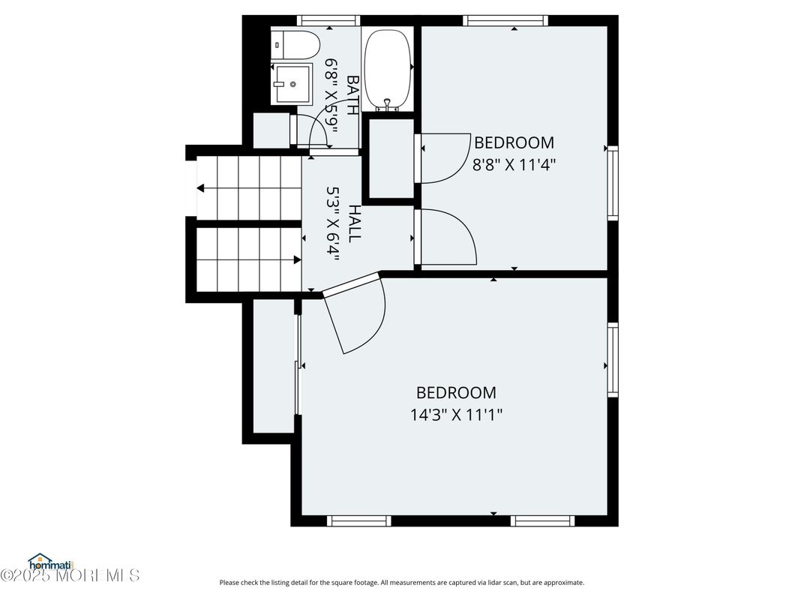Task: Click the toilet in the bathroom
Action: point(295,45)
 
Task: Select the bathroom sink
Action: point(292,84)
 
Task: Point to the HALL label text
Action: point(354,223)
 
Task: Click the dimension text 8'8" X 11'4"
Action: point(514,163)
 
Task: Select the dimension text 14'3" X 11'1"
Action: point(456,413)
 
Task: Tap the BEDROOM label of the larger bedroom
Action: point(456,392)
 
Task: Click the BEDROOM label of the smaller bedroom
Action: point(514,142)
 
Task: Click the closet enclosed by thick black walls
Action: point(390,157)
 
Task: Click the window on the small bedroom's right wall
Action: point(613,183)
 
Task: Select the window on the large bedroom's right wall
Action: point(613,359)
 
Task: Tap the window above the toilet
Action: point(322,21)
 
